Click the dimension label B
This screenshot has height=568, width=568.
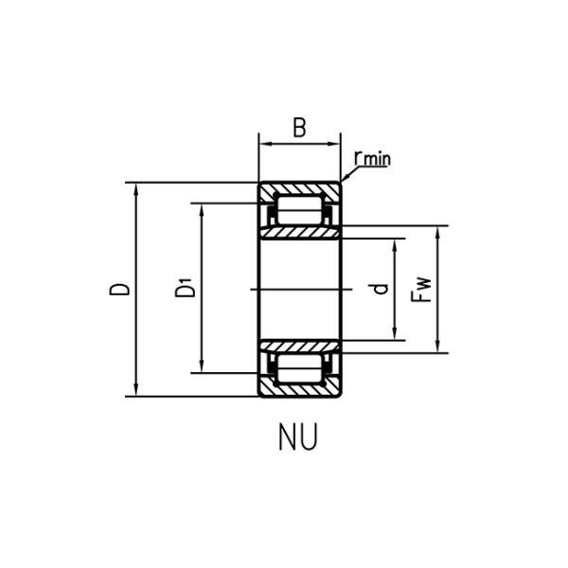[x=299, y=127]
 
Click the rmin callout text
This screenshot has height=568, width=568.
[x=370, y=157]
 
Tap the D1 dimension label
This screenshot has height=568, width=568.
[x=186, y=288]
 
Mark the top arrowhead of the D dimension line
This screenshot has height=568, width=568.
[x=138, y=186]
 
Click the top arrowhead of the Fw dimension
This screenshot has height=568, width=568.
[x=438, y=231]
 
